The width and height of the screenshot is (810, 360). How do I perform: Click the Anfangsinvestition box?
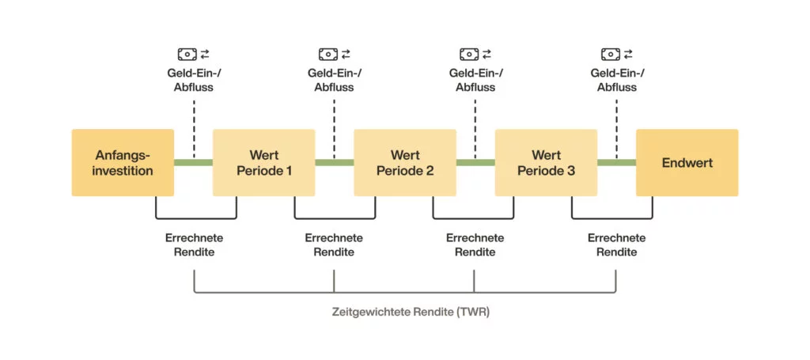pos(123,163)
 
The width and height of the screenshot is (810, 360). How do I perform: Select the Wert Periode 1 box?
pos(263,163)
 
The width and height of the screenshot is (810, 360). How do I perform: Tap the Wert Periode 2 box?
pos(404,163)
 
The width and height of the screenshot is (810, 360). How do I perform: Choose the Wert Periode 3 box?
pos(546,163)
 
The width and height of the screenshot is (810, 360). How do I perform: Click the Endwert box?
pos(687,163)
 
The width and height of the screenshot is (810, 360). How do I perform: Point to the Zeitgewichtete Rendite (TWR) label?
pos(411,312)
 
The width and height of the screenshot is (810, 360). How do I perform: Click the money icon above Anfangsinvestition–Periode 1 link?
pos(187,54)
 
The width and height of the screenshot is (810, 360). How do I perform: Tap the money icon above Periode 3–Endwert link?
pos(610,54)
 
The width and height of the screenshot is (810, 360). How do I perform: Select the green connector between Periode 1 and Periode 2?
pos(334,163)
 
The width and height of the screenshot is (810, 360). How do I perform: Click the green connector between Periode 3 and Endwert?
pos(616,163)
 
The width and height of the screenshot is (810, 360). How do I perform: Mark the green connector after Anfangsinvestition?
pos(193,163)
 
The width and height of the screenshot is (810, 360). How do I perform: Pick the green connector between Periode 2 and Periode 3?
pos(475,163)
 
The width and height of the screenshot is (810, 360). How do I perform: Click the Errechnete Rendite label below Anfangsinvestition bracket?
pos(194,244)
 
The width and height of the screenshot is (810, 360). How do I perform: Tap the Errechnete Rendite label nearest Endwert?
pos(616,244)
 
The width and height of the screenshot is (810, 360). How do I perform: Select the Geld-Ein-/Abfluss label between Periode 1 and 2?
pos(334,80)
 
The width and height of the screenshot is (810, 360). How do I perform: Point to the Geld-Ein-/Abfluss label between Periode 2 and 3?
pos(475,80)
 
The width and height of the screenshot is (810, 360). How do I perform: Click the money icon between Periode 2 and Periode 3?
pos(469,54)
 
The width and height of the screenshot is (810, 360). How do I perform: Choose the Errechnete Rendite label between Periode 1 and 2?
pos(334,244)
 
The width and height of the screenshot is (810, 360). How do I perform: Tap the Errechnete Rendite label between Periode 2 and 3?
pos(475,244)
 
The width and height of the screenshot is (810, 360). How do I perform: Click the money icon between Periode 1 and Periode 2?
pos(328,54)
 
